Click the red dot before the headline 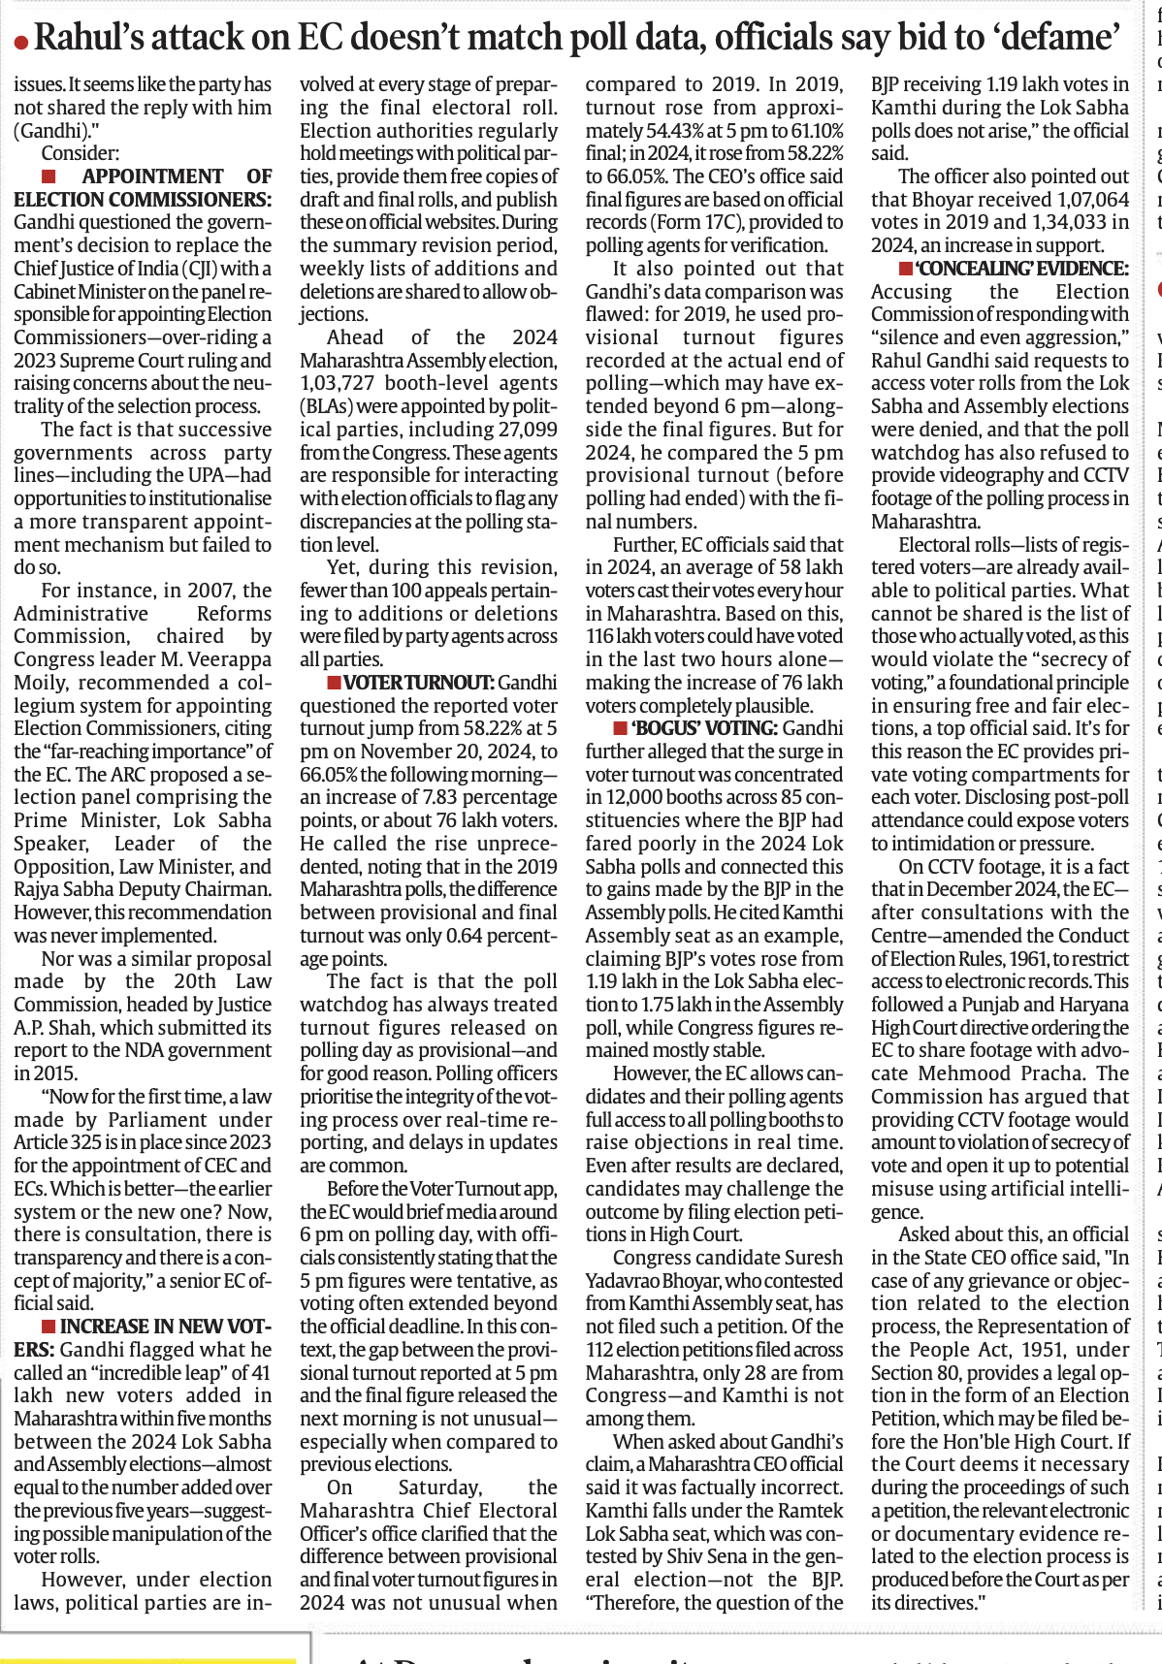[x=20, y=42]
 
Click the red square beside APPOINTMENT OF [x=48, y=176]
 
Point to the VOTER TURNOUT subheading [x=420, y=683]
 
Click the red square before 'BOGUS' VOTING [x=621, y=728]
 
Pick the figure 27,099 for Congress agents [x=524, y=430]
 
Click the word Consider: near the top [x=81, y=153]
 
